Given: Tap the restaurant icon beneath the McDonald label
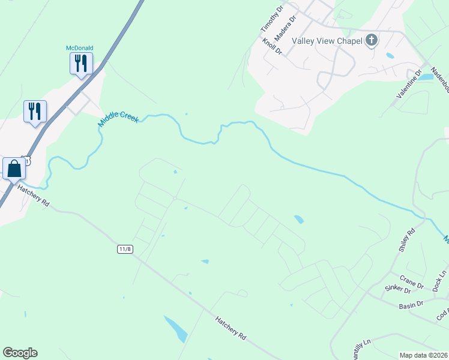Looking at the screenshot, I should [x=80, y=63].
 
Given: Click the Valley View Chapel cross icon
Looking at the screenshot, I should [x=372, y=41].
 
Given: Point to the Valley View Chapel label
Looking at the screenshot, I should [x=327, y=41].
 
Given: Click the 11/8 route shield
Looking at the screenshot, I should [x=125, y=248].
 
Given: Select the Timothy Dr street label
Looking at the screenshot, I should [x=271, y=20].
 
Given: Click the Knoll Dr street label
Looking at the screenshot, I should [x=272, y=46].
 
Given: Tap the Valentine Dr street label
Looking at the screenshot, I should [x=409, y=83].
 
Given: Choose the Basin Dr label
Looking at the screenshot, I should [x=411, y=305].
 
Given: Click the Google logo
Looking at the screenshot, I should [x=20, y=353].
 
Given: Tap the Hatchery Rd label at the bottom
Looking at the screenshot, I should [x=231, y=328].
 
